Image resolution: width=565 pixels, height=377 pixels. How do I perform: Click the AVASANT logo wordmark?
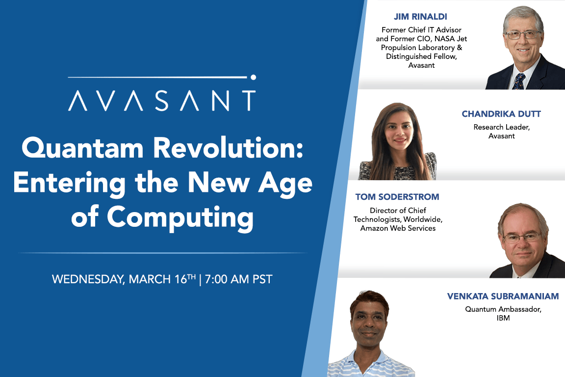161,100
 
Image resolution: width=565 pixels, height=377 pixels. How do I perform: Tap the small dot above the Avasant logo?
253,77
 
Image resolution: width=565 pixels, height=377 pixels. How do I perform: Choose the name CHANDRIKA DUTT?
502,114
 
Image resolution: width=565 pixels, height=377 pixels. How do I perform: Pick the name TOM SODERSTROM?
397,197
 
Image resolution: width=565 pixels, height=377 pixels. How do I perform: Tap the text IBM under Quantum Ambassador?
503,318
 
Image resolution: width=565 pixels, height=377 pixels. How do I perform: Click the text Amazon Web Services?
398,228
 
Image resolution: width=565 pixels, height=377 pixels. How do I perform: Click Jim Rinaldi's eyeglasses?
522,35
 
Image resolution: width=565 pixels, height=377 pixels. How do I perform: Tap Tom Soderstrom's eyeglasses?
522,238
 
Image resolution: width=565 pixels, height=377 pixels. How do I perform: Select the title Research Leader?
502,127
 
